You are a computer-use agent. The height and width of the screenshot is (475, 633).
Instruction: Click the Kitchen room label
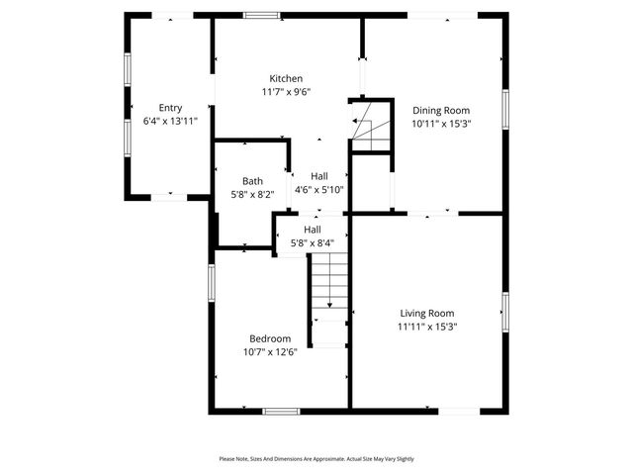coord(287,78)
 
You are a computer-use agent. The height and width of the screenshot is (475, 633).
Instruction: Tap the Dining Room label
coord(440,111)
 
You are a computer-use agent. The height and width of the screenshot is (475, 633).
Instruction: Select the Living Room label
coord(427,313)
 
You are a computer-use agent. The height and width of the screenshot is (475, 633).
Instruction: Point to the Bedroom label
coord(270,338)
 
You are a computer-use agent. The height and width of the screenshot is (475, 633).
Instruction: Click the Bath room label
coord(252,181)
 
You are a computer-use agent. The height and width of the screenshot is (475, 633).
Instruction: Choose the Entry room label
coord(170,108)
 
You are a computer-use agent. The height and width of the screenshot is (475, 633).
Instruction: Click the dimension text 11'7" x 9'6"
coord(287,92)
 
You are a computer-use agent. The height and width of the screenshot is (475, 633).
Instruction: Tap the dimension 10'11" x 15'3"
coord(440,125)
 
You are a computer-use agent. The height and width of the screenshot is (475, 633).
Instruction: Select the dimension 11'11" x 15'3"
coord(427,326)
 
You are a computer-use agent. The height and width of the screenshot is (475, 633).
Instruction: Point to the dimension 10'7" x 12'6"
coord(270,351)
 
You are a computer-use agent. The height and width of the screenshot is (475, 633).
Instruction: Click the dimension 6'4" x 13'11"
coord(170,121)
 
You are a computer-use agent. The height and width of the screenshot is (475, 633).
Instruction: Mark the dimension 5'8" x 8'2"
coord(252,195)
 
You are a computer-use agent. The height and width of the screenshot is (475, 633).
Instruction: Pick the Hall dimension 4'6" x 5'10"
coord(318,189)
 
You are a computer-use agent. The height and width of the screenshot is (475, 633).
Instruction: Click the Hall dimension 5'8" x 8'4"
coord(312,242)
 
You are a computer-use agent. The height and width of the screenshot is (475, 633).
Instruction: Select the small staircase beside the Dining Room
coord(372,126)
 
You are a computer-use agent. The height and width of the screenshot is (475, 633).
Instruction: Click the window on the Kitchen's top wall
coord(261,15)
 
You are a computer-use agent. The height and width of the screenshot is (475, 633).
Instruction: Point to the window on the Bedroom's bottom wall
coord(281,411)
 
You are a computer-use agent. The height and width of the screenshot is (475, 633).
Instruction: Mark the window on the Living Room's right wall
coord(504,313)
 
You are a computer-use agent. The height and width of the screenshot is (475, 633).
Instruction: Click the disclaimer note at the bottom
coord(316,459)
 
